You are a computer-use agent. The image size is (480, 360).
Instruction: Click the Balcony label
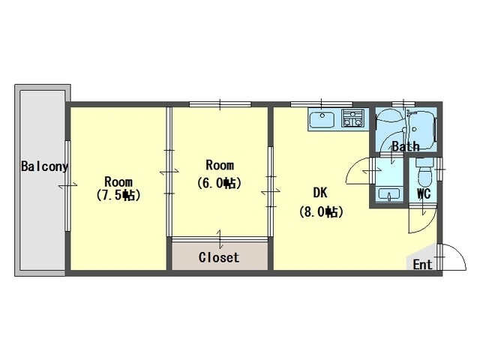[44, 166]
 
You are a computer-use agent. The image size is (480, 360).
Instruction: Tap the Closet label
[219, 257]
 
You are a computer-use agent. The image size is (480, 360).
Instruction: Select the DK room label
[320, 193]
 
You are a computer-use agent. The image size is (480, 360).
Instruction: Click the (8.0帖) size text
[321, 211]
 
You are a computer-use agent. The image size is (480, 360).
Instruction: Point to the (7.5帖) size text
[118, 195]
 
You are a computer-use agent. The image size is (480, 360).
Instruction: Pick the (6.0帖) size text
[219, 183]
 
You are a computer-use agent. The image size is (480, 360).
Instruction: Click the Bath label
[406, 146]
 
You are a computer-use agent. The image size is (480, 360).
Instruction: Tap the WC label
[424, 193]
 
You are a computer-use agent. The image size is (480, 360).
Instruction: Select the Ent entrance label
[423, 264]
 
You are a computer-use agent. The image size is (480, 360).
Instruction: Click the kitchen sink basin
[322, 120]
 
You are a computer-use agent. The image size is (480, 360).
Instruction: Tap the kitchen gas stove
[353, 118]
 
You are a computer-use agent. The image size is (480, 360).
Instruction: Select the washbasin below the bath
[389, 194]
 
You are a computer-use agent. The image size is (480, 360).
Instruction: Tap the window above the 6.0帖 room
[220, 104]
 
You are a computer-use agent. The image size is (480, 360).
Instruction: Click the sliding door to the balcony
[67, 186]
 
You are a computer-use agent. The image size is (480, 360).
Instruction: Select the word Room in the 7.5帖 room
[118, 181]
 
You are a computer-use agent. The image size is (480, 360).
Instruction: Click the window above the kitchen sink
[322, 104]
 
